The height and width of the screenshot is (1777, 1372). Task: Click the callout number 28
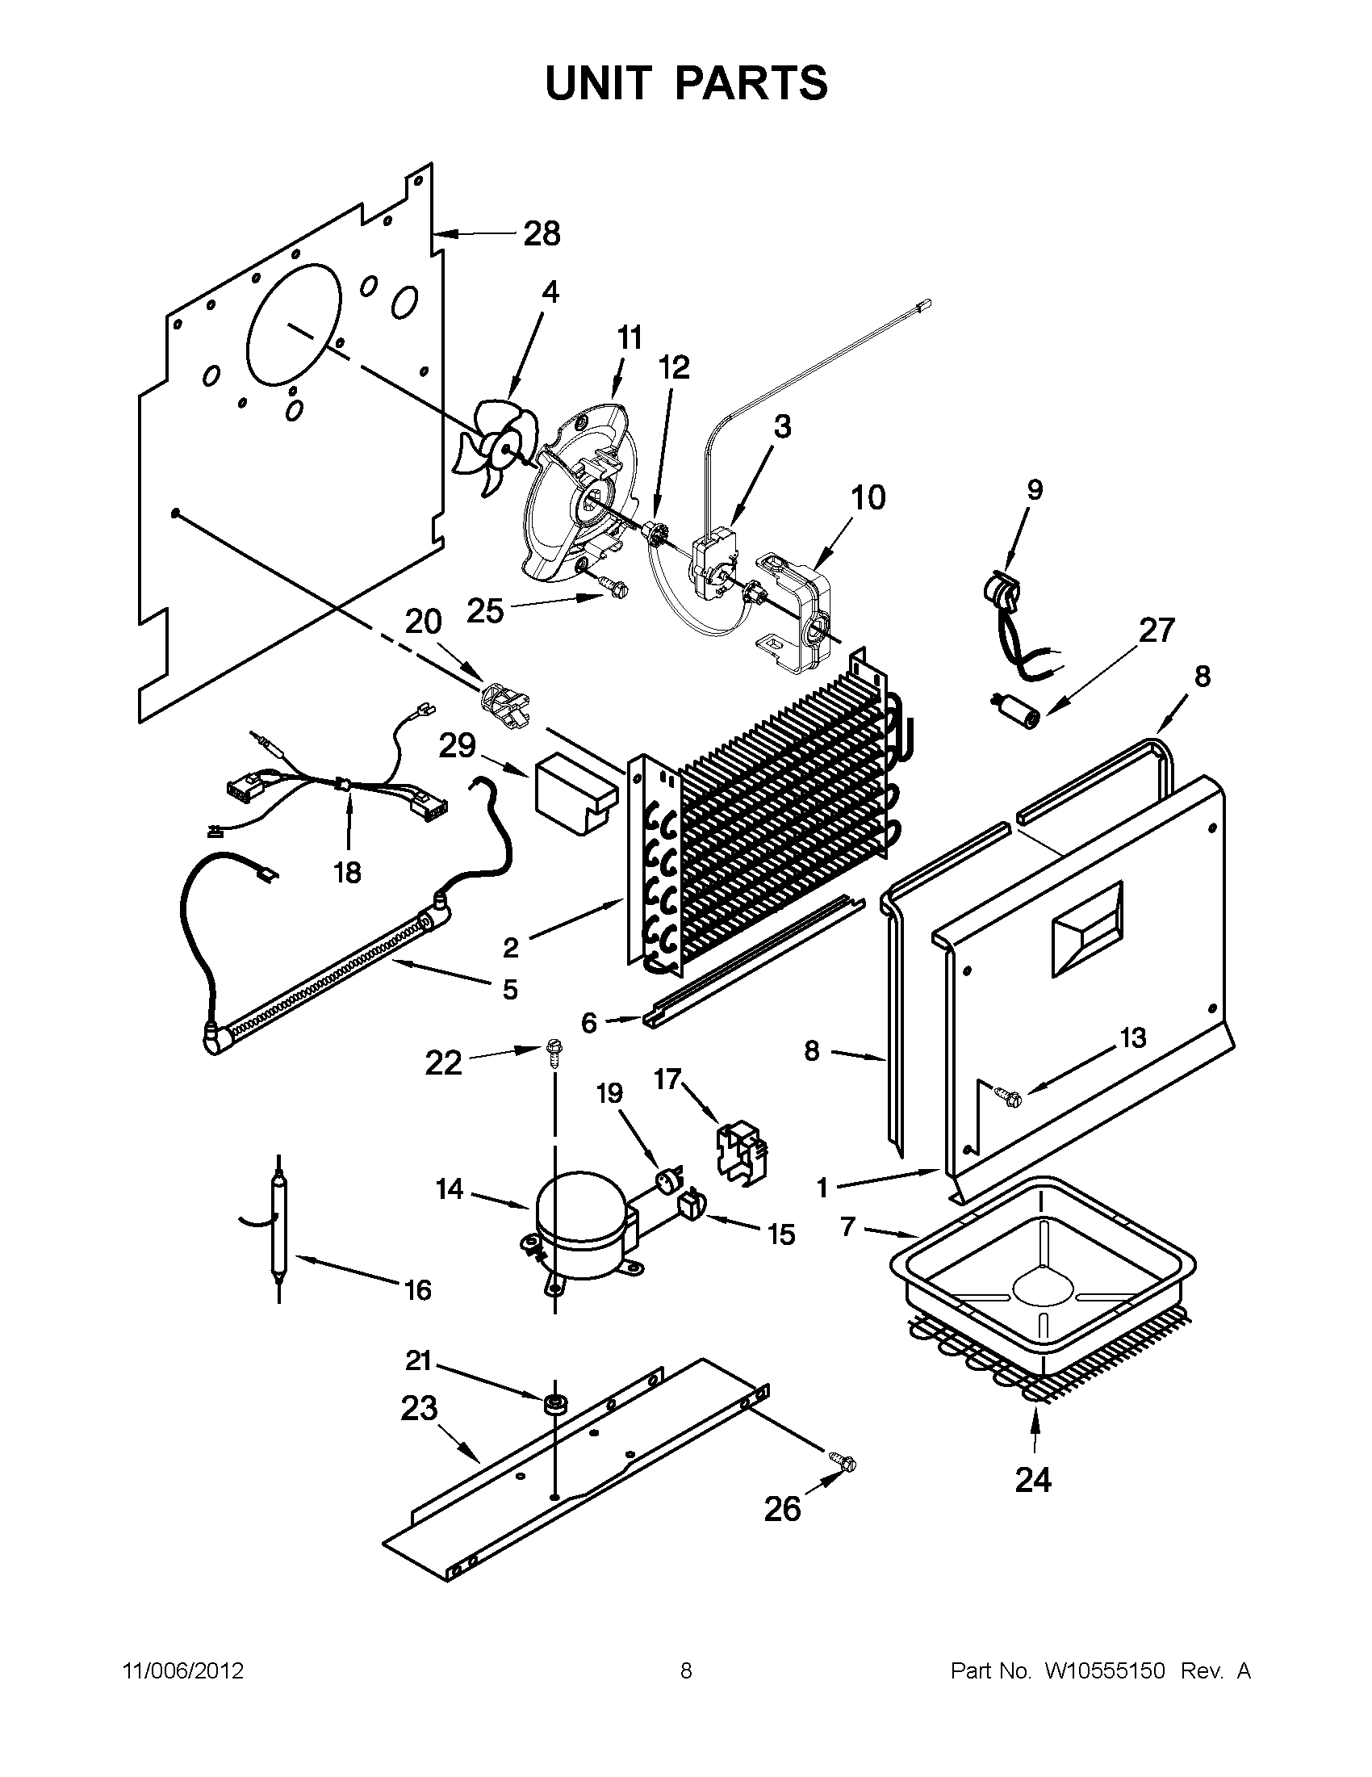tap(542, 233)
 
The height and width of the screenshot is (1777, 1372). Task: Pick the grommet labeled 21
tap(555, 1403)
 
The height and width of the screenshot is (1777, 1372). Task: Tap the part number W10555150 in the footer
tap(1105, 1671)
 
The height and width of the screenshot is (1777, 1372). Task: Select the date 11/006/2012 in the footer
tap(183, 1671)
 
